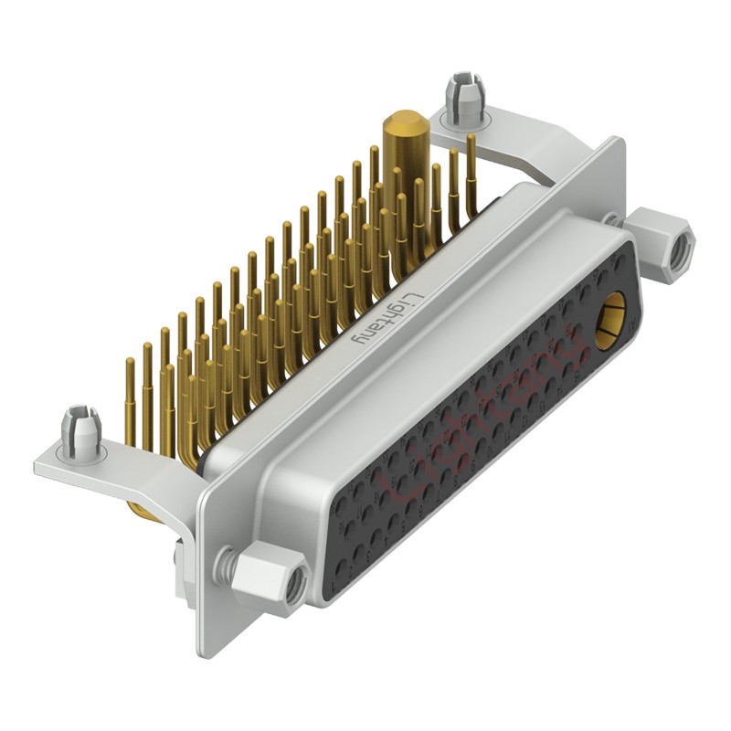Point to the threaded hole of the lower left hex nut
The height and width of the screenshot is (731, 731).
point(293,590)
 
